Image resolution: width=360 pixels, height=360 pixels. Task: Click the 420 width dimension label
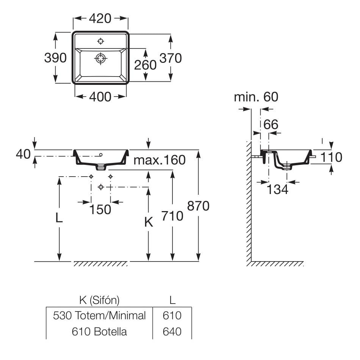pyautogui.click(x=100, y=18)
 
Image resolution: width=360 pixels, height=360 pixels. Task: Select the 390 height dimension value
pyautogui.click(x=55, y=58)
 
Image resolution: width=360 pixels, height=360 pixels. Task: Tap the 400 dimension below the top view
pyautogui.click(x=100, y=97)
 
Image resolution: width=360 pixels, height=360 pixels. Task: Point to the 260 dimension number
pyautogui.click(x=145, y=65)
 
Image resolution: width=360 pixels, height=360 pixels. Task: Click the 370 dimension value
pyautogui.click(x=171, y=58)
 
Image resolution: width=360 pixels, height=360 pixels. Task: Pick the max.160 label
pyautogui.click(x=160, y=160)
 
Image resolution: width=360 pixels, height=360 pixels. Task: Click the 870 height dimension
pyautogui.click(x=198, y=206)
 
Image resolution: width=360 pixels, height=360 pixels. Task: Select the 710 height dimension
pyautogui.click(x=172, y=216)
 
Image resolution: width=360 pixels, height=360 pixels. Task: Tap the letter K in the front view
pyautogui.click(x=149, y=223)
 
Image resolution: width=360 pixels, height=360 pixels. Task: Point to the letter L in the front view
pyautogui.click(x=59, y=218)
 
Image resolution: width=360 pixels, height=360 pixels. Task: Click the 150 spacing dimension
pyautogui.click(x=100, y=209)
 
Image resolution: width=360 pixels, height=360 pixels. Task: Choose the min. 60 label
pyautogui.click(x=256, y=97)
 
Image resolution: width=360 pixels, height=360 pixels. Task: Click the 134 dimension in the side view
pyautogui.click(x=278, y=189)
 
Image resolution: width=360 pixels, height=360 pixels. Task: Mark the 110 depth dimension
pyautogui.click(x=331, y=157)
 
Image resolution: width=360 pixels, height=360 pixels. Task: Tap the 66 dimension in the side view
pyautogui.click(x=271, y=124)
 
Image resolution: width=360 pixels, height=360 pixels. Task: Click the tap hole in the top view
pyautogui.click(x=100, y=41)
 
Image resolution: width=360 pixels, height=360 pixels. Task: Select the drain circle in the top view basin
pyautogui.click(x=100, y=58)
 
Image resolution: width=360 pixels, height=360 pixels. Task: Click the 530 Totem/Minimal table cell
pyautogui.click(x=100, y=315)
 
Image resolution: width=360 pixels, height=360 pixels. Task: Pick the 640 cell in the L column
pyautogui.click(x=172, y=332)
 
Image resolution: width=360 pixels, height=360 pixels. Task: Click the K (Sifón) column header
pyautogui.click(x=100, y=300)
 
